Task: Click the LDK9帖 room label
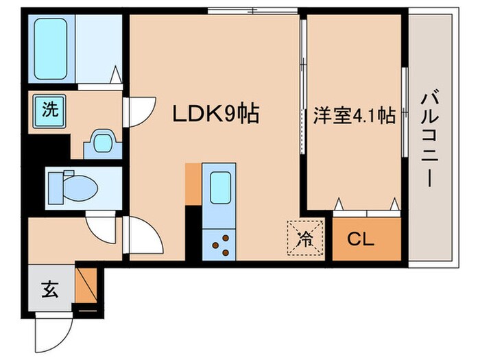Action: pyautogui.click(x=215, y=114)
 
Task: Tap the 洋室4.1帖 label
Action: pyautogui.click(x=355, y=115)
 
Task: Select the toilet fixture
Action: pyautogui.click(x=73, y=185)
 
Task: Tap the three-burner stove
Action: pyautogui.click(x=219, y=244)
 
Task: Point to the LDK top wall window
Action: pyautogui.click(x=253, y=11)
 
